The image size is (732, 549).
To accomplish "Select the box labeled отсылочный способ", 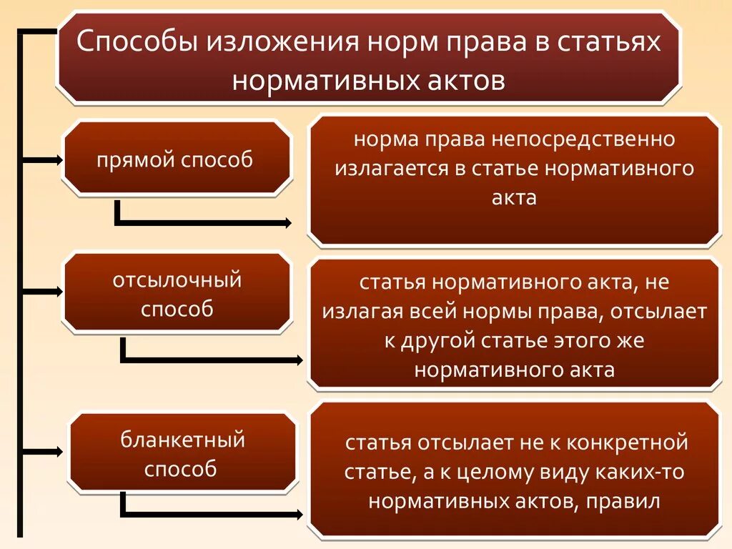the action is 177,294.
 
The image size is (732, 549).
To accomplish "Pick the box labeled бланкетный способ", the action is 182,453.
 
